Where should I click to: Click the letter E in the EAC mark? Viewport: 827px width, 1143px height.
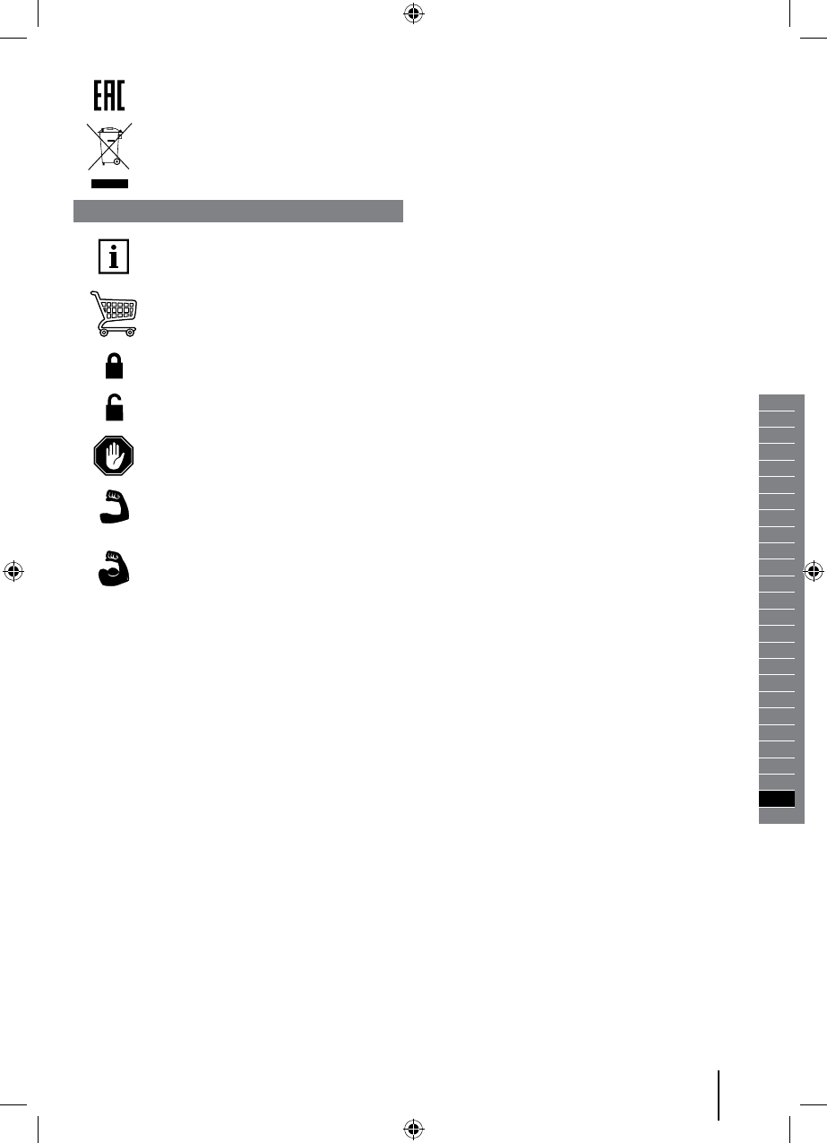pos(98,95)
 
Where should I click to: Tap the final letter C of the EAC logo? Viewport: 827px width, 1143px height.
pos(120,95)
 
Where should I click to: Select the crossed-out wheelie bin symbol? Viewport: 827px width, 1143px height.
pos(109,146)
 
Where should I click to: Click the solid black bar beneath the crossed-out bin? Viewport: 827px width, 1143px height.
pos(109,184)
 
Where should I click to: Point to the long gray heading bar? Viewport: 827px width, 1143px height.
pos(238,211)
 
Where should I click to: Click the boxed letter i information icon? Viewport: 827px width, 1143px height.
pos(114,256)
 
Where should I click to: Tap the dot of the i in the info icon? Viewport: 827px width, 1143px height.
pos(114,248)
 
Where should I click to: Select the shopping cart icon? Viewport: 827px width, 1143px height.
pos(114,313)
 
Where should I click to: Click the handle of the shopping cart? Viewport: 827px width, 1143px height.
pos(95,294)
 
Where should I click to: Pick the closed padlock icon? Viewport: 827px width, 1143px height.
pos(114,366)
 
